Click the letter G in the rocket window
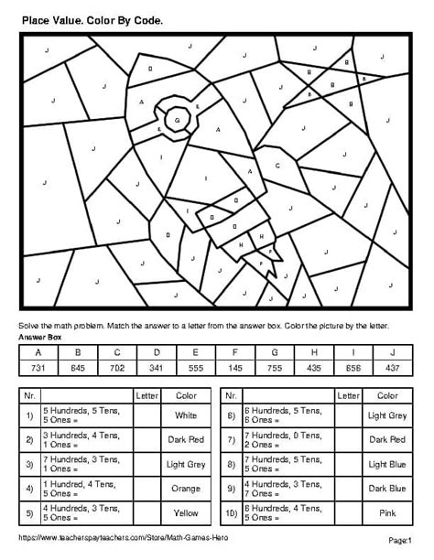(x=178, y=120)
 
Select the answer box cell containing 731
(x=38, y=367)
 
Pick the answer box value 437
(x=393, y=367)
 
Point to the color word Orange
(x=185, y=489)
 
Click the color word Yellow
(x=185, y=513)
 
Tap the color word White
(x=185, y=415)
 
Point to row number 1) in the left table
(x=30, y=415)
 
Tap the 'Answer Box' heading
(x=38, y=337)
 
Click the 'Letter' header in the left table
(x=146, y=396)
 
